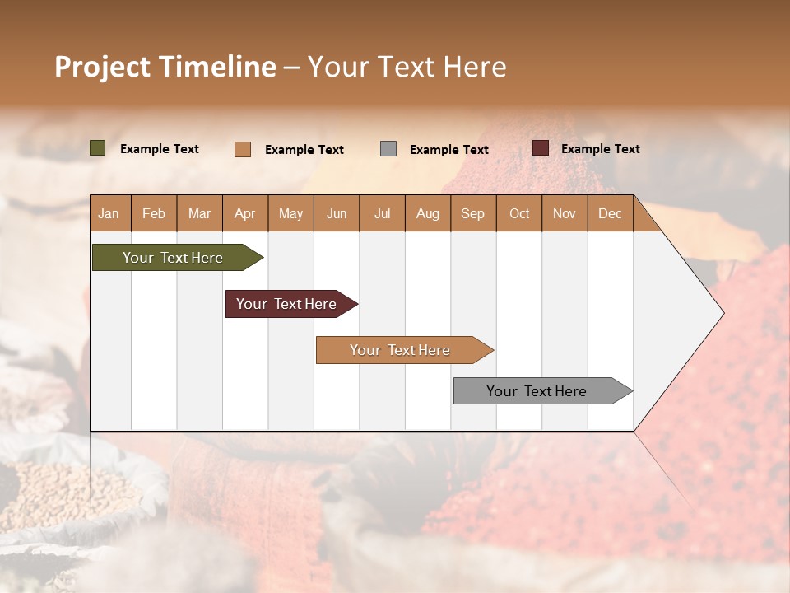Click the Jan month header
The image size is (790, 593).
coord(109,213)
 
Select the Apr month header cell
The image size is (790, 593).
coord(244,213)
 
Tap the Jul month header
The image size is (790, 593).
coord(382,213)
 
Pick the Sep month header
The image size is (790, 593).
coord(472,213)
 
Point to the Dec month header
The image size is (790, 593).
coord(610,213)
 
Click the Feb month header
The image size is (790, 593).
coord(154,213)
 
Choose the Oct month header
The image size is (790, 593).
coord(519,213)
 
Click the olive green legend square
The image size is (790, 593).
coord(98,148)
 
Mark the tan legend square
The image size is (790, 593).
coord(243,149)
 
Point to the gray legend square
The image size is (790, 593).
coord(388,149)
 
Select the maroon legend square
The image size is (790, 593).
coord(541,148)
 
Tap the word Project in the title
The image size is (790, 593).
coord(101,67)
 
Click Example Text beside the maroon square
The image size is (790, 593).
coord(600,149)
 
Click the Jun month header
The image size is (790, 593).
coord(337,213)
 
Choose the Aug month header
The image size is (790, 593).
coord(427,213)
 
